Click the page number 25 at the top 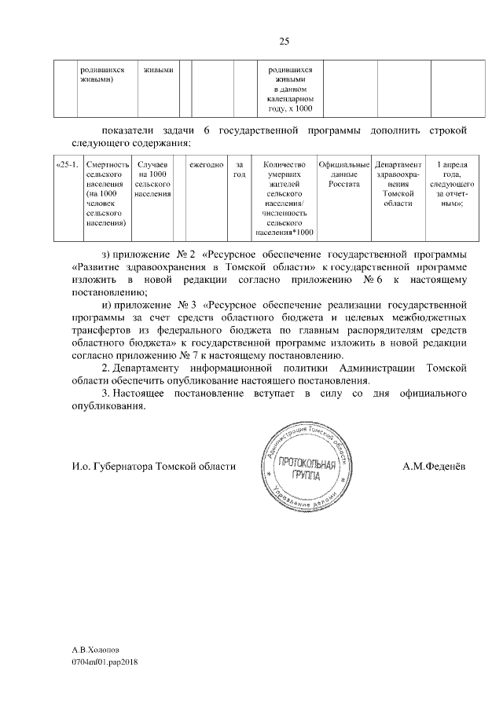tap(285, 42)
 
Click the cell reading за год tap(240, 169)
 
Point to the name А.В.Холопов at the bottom tap(97, 651)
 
